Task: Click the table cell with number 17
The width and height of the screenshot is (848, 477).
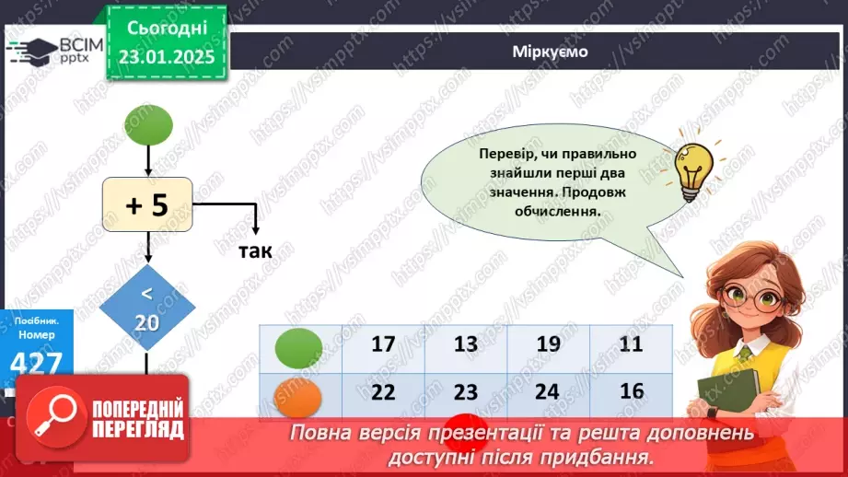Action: pyautogui.click(x=383, y=346)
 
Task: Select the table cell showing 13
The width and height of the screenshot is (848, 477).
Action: pyautogui.click(x=466, y=346)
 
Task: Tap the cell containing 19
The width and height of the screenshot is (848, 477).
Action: pyautogui.click(x=548, y=346)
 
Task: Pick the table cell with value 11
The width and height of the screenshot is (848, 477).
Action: pyautogui.click(x=632, y=346)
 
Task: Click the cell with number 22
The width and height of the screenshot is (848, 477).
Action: pyautogui.click(x=383, y=392)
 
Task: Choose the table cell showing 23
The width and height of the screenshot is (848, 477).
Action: pyautogui.click(x=466, y=392)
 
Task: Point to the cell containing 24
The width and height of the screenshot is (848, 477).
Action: pyautogui.click(x=548, y=392)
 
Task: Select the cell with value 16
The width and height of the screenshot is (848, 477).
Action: pyautogui.click(x=632, y=392)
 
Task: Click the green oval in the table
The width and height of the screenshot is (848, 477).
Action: pyautogui.click(x=298, y=347)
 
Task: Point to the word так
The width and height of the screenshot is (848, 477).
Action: pyautogui.click(x=255, y=251)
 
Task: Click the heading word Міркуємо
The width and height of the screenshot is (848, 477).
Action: pyautogui.click(x=550, y=52)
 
